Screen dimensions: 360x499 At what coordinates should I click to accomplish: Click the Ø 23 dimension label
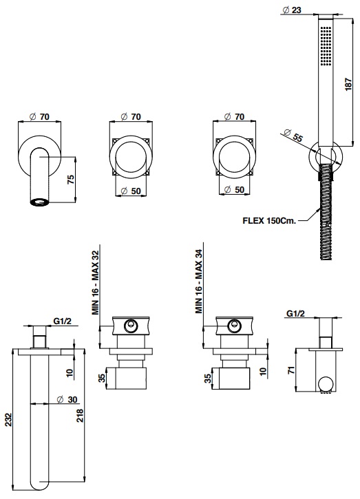292,10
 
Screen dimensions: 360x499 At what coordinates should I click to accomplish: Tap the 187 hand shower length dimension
348,85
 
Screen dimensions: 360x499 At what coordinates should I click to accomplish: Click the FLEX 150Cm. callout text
269,220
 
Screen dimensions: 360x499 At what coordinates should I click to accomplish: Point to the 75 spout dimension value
71,179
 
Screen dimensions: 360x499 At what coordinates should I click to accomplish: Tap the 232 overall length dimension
8,419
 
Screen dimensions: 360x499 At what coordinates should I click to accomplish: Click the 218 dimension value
80,415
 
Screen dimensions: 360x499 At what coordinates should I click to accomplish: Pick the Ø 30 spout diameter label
67,399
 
